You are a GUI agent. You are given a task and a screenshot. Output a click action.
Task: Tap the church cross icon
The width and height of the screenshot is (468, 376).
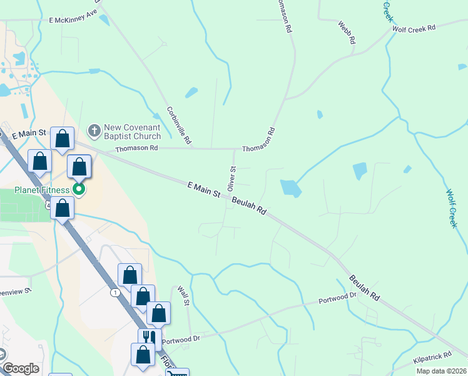pyautogui.click(x=94, y=130)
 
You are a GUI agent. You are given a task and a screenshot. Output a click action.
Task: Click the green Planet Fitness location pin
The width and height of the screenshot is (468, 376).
pyautogui.click(x=79, y=188)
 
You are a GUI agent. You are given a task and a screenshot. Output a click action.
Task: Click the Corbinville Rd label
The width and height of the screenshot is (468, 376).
pyautogui.click(x=179, y=123)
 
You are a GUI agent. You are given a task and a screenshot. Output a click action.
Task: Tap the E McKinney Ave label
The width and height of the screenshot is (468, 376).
pyautogui.click(x=74, y=18)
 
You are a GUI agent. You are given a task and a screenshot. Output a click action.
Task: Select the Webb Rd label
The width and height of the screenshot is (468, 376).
pyautogui.click(x=347, y=32)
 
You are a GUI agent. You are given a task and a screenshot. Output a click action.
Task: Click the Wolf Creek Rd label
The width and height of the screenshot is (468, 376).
pyautogui.click(x=417, y=28)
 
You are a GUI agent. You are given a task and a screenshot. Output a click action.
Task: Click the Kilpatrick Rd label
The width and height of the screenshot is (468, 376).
pyautogui.click(x=432, y=358)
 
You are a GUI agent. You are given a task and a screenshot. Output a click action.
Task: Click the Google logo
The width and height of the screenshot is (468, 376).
pyautogui.click(x=20, y=368)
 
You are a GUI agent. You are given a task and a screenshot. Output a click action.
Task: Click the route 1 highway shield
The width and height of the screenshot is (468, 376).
pyautogui.click(x=114, y=293)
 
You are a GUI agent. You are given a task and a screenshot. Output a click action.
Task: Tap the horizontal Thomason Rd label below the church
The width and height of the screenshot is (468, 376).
pyautogui.click(x=137, y=149)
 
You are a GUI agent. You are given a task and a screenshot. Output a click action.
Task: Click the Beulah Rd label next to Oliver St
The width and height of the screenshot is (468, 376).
pyautogui.click(x=249, y=206)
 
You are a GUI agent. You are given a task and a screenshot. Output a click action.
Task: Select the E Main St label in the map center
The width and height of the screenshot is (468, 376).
pyautogui.click(x=203, y=189)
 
